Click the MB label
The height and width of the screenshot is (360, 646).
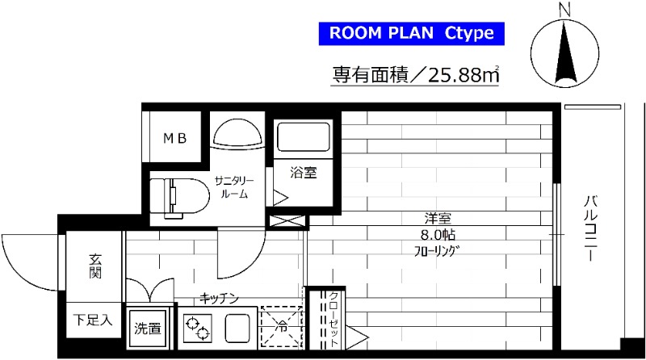[x=176, y=138]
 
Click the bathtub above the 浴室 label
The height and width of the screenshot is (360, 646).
[x=304, y=139]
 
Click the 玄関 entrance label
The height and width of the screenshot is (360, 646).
[x=94, y=267]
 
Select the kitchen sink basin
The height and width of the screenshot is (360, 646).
[x=239, y=329]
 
